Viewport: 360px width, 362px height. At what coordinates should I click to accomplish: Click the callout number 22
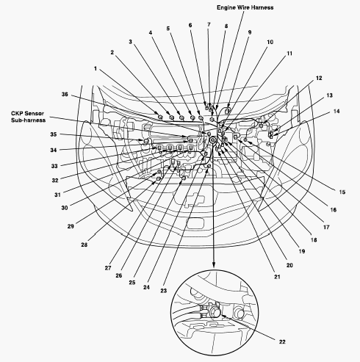(x=282, y=341)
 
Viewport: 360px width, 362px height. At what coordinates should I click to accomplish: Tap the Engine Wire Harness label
(x=245, y=7)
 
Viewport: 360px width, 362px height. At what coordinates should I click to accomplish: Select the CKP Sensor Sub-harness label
(x=28, y=117)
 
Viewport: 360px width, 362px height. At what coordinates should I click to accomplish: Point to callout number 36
(x=65, y=94)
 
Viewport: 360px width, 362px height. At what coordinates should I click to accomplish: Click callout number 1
(x=96, y=69)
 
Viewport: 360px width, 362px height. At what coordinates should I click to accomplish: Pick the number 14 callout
(x=336, y=111)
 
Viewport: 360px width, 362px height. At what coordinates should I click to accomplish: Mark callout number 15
(x=342, y=192)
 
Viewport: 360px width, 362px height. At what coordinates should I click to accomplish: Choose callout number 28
(x=84, y=245)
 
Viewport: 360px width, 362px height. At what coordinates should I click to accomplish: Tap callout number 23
(x=163, y=291)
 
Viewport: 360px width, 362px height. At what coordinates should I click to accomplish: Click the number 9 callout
(x=250, y=32)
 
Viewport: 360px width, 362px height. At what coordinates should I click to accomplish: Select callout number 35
(x=54, y=134)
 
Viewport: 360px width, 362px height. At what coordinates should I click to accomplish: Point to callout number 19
(x=302, y=251)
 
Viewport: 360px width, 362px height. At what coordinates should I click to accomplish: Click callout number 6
(x=190, y=25)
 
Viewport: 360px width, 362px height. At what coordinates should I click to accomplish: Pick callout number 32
(x=55, y=181)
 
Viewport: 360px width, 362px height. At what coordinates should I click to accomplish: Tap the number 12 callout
(x=319, y=78)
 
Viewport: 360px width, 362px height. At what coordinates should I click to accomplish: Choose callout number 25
(x=132, y=282)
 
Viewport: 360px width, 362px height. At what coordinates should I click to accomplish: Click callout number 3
(x=131, y=42)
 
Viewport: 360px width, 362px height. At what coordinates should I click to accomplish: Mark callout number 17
(x=326, y=227)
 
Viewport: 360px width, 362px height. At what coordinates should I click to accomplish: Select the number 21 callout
(x=277, y=277)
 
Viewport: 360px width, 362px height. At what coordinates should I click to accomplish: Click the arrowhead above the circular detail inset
(x=214, y=264)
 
